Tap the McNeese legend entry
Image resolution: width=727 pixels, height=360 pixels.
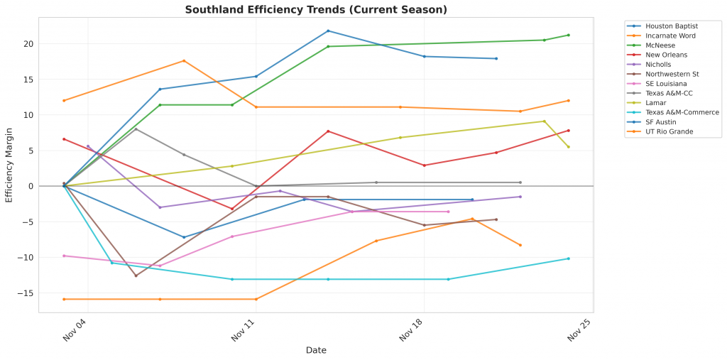coord(660,45)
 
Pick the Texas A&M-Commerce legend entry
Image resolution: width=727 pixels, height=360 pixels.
coord(682,112)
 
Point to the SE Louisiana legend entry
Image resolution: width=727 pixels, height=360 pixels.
coord(666,83)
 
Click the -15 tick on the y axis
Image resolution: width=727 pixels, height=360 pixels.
coord(46,293)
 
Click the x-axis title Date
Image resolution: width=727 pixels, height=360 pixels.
coord(316,350)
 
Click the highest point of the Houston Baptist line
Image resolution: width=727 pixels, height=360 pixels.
coord(328,31)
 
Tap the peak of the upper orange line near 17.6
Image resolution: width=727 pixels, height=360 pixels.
coord(184,60)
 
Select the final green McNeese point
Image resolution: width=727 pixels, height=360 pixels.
coord(569,35)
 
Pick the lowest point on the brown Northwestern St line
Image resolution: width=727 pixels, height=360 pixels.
coord(136,276)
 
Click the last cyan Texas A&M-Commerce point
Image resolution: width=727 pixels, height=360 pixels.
coord(569,258)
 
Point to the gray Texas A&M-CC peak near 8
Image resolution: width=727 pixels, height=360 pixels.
coord(136,129)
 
